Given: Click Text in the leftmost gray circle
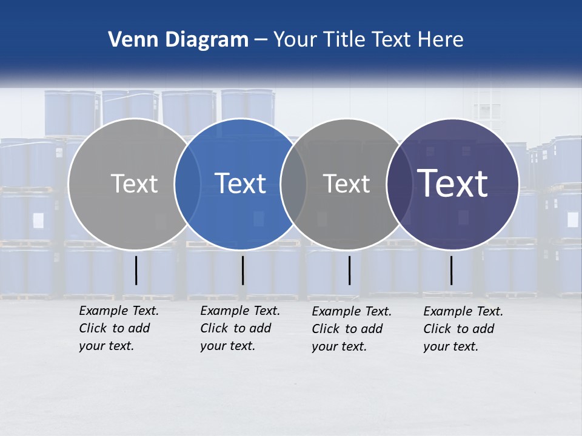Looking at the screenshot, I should [x=134, y=183].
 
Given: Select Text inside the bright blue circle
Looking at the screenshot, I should [x=240, y=183].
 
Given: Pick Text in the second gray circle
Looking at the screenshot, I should [x=346, y=183].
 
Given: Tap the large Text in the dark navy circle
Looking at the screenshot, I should [x=453, y=183].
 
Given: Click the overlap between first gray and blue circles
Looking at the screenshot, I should [x=187, y=184].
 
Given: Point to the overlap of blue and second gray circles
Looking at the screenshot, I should [x=293, y=184].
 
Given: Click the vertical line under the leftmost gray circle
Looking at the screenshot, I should [x=136, y=270].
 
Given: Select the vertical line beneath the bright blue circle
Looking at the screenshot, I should [x=242, y=270].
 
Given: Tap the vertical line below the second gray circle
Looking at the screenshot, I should [x=349, y=270].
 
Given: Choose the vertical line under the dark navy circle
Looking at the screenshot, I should [x=452, y=270].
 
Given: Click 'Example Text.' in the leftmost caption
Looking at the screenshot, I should [x=119, y=311].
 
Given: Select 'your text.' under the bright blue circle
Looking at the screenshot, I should [x=227, y=346].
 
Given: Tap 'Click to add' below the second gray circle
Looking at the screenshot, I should [x=347, y=329].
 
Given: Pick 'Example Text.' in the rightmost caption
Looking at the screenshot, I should [x=463, y=311].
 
